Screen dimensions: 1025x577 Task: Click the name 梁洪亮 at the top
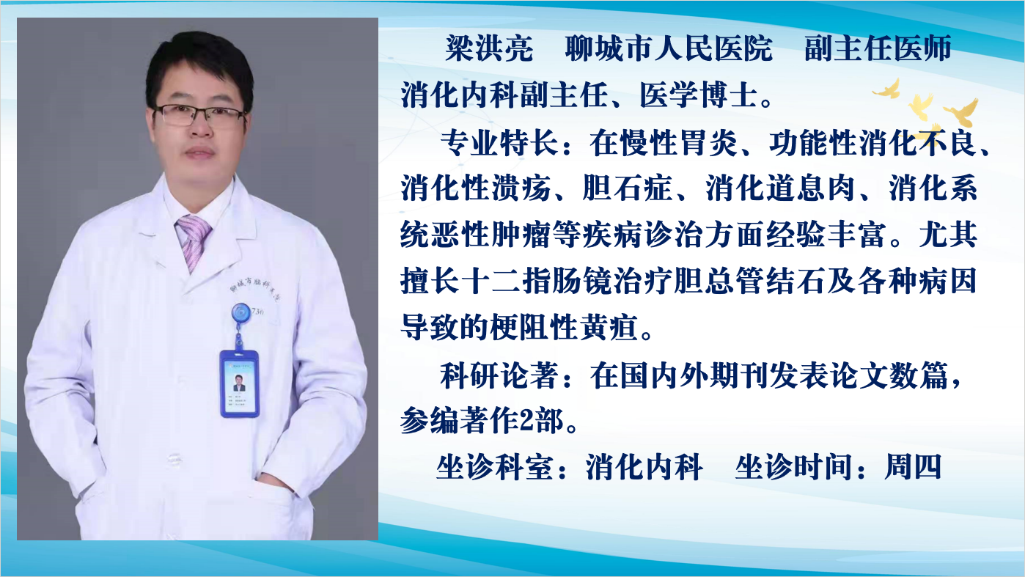(x=490, y=48)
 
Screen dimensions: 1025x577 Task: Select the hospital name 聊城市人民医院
(x=669, y=48)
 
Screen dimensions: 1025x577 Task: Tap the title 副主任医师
(x=878, y=48)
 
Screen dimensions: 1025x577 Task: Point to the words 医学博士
(x=698, y=95)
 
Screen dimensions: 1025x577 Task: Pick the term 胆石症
(x=627, y=188)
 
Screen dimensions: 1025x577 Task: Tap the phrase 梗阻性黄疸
(x=565, y=327)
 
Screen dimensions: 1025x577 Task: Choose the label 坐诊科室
(x=495, y=467)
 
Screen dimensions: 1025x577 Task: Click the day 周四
(x=913, y=467)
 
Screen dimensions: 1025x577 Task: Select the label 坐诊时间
(x=793, y=467)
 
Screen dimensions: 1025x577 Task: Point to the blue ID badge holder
(x=239, y=383)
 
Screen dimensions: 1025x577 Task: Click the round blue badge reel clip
(x=240, y=314)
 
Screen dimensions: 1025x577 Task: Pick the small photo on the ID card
(x=239, y=383)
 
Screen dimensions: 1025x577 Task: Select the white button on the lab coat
(x=174, y=460)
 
